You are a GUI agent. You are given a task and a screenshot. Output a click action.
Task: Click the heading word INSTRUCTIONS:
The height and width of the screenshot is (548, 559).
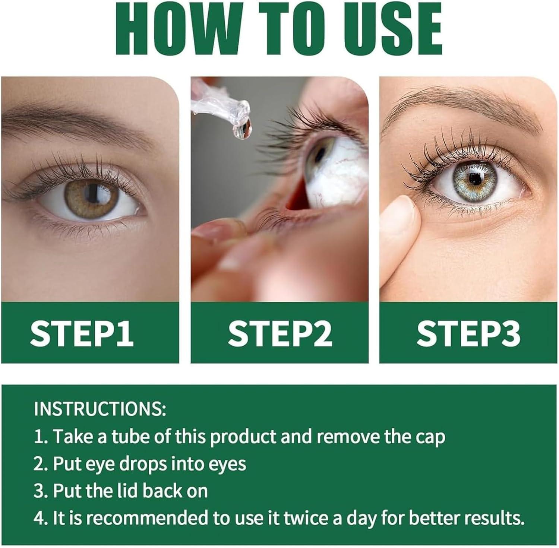[100, 409]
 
